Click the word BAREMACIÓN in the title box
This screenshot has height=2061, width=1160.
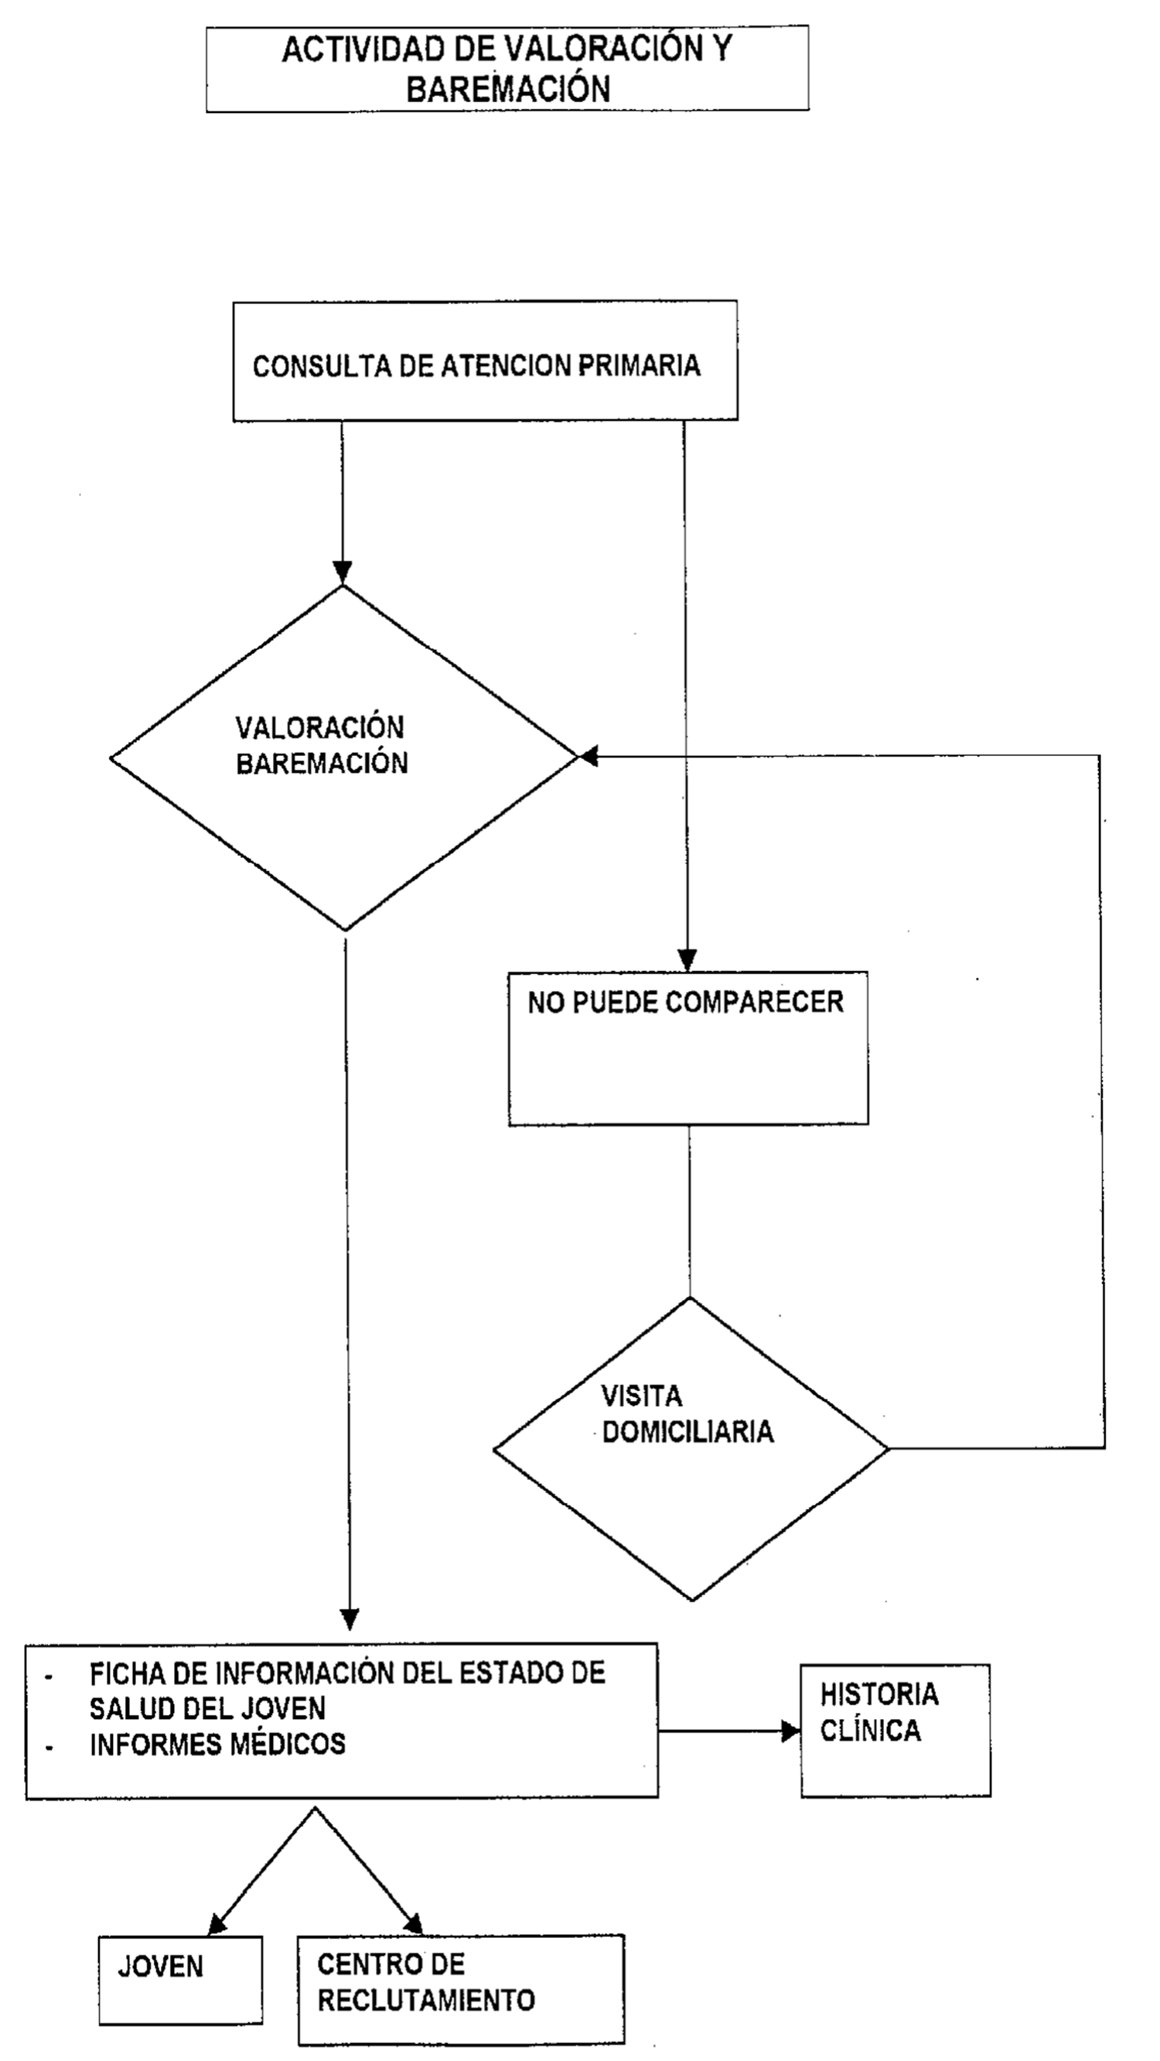508,88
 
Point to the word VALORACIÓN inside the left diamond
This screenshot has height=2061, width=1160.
319,727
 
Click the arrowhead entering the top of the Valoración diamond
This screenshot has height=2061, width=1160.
343,572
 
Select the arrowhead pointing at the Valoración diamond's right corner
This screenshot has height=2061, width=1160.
589,755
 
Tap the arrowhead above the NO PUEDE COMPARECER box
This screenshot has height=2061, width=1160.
687,959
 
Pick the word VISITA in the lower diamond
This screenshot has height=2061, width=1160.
642,1396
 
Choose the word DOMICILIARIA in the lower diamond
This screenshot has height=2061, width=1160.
687,1431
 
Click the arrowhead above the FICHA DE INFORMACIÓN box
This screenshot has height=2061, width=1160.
350,1618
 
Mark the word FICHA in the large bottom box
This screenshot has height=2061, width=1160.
127,1673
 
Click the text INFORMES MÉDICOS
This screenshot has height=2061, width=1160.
217,1744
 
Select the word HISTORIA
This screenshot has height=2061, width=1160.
879,1694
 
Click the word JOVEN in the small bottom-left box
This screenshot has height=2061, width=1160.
161,1966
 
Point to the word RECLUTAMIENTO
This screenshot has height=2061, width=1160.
425,1999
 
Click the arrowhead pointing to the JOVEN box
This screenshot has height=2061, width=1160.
217,1925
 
